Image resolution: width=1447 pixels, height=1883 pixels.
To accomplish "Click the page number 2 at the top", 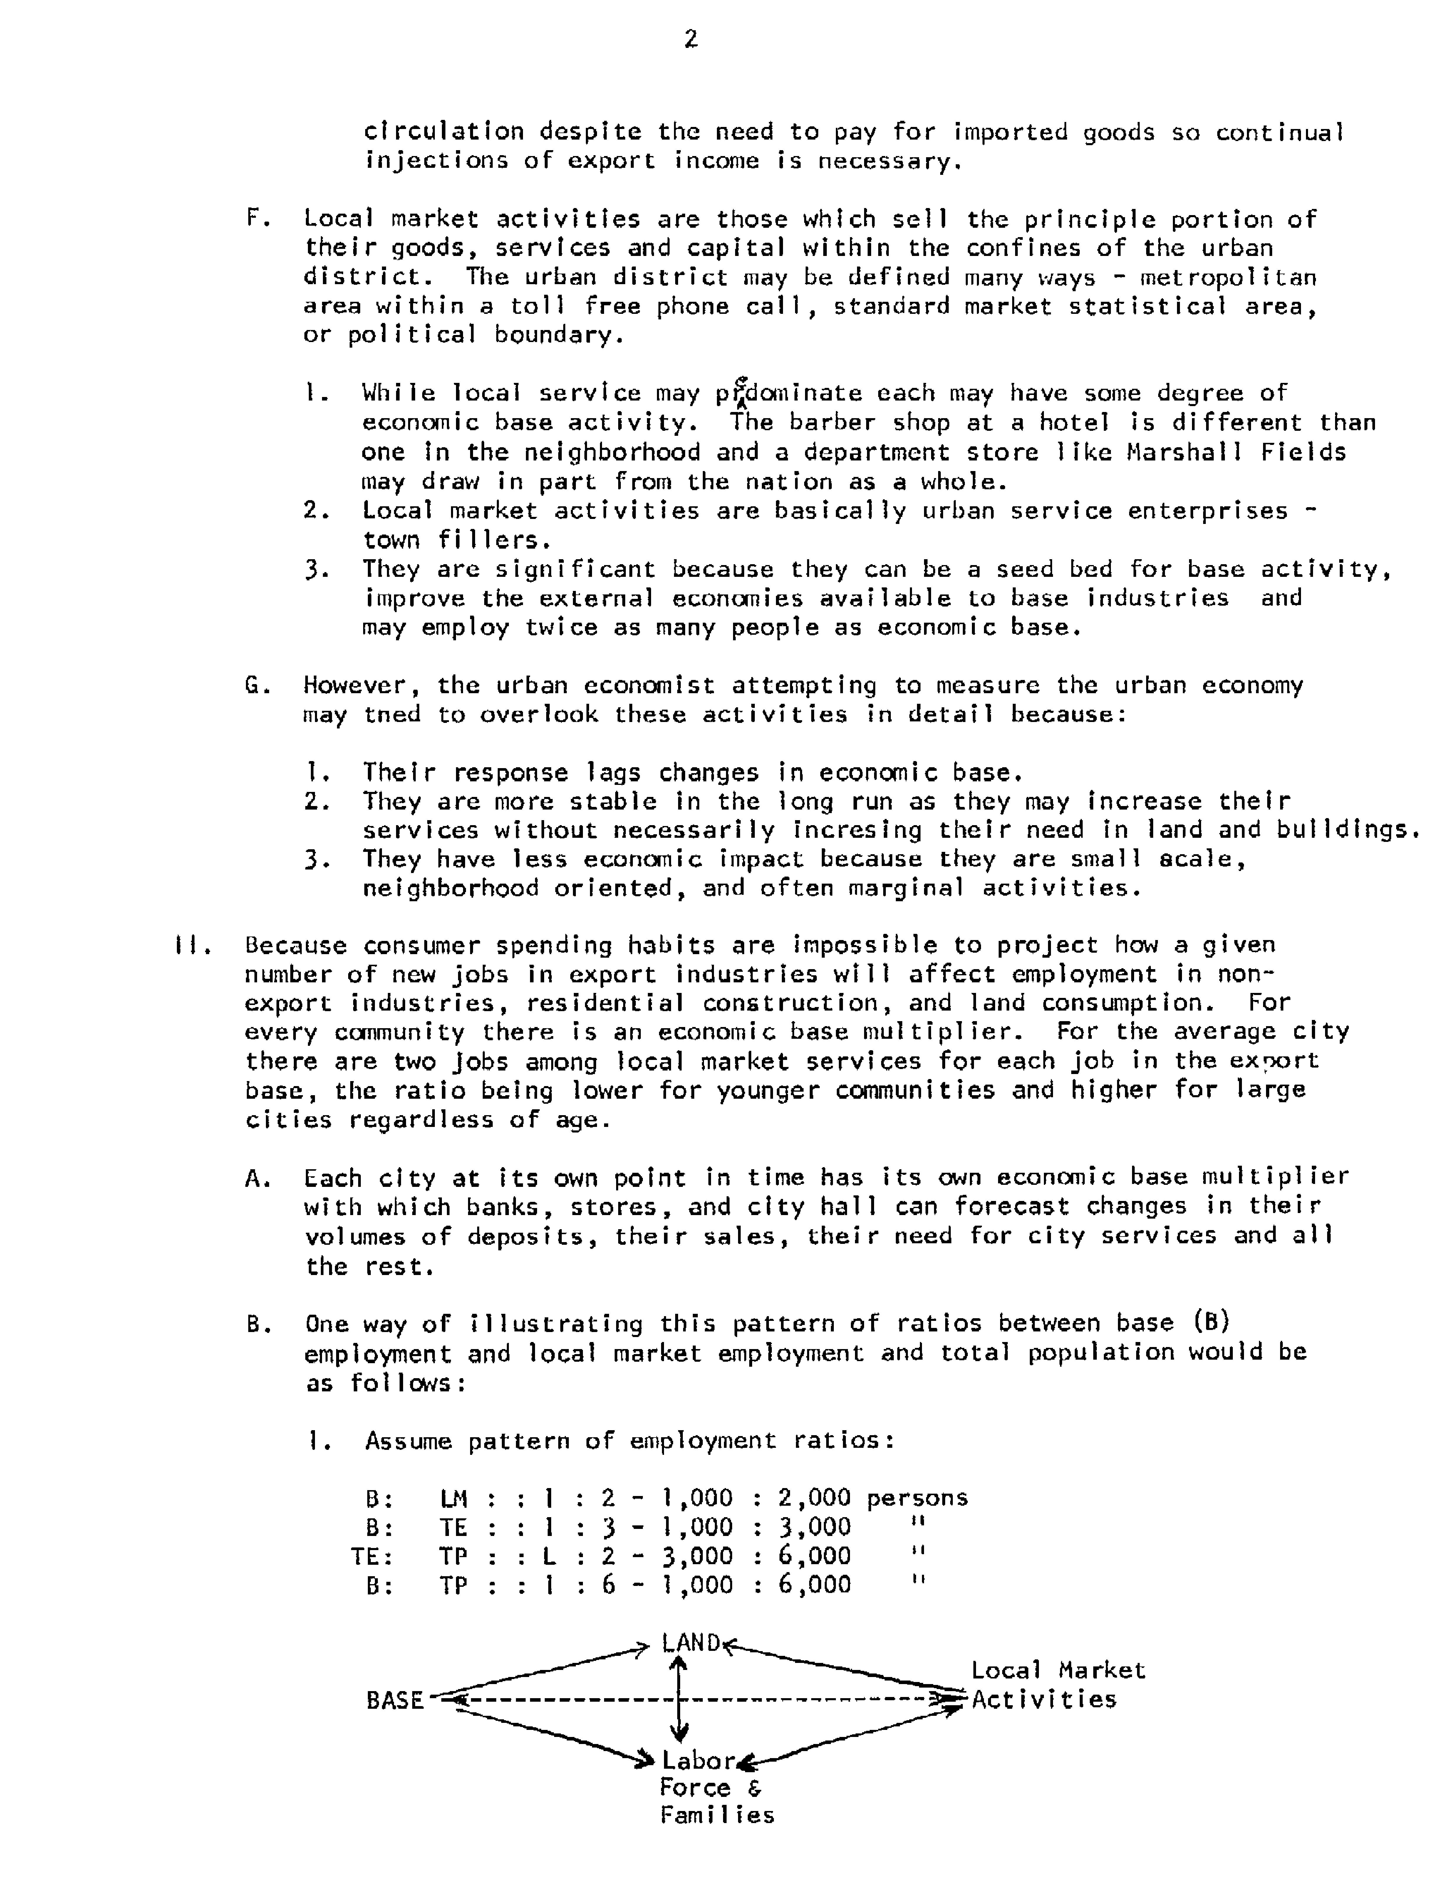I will click(690, 40).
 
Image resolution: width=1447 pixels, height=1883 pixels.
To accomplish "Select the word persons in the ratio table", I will click(916, 1498).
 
